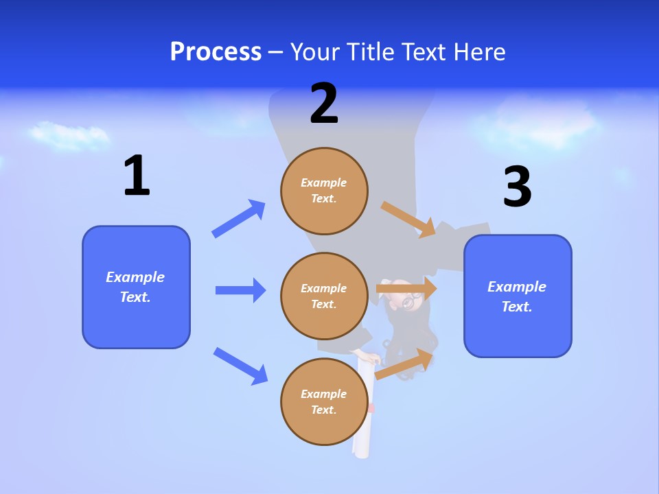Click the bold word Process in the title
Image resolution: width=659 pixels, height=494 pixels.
[216, 52]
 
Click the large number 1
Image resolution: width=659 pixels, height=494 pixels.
[137, 176]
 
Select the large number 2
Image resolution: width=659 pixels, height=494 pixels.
[324, 104]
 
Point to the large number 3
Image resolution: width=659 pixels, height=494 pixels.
[517, 187]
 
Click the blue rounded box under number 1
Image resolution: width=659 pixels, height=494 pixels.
[136, 287]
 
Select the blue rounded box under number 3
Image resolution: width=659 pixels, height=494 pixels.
[518, 296]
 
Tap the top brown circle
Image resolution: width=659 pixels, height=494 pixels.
[324, 191]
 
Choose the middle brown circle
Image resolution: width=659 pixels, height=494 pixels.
[324, 296]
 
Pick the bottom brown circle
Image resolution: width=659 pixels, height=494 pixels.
[324, 401]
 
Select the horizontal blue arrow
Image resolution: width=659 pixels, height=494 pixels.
[240, 290]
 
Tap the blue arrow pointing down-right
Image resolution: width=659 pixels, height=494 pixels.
[240, 365]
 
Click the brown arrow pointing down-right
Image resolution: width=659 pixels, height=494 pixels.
[408, 219]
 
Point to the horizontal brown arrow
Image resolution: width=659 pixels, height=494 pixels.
[406, 289]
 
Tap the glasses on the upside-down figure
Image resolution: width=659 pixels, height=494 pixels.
[411, 301]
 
